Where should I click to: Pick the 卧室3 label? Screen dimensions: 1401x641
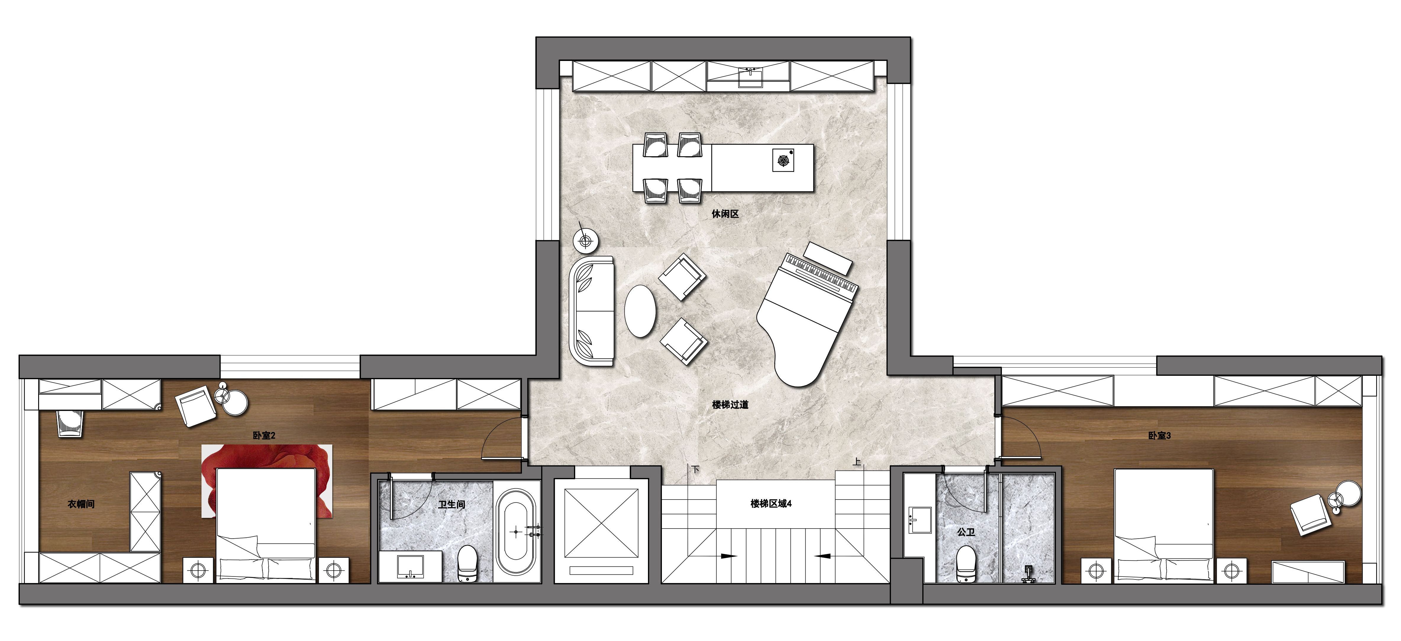click(1160, 435)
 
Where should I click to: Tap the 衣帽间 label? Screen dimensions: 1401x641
click(81, 504)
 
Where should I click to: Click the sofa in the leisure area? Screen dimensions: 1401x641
click(591, 311)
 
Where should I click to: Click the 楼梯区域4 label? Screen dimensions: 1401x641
click(771, 504)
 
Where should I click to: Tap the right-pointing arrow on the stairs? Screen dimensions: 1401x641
click(729, 556)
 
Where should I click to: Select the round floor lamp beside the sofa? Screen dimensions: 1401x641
click(586, 240)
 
